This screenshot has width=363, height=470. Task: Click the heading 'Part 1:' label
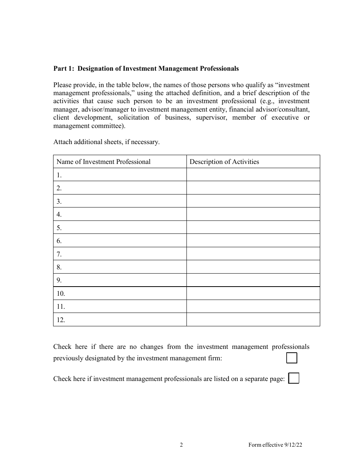click(64, 69)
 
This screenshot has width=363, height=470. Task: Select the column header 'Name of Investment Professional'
click(104, 162)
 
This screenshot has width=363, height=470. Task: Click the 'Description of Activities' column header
click(224, 162)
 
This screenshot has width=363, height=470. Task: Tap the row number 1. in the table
click(59, 175)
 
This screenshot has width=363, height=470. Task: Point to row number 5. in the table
click(59, 228)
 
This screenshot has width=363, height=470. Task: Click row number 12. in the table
click(61, 320)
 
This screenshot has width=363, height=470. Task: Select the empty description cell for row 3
click(253, 201)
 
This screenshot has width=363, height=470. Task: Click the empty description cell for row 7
click(253, 254)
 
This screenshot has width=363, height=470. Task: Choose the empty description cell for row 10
click(253, 293)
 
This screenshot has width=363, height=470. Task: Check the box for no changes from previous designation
click(292, 358)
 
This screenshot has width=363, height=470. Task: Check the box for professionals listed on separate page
click(293, 378)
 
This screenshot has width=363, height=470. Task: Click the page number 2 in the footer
click(181, 445)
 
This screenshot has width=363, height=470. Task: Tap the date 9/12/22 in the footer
click(295, 445)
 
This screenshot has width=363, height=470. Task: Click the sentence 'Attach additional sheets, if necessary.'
click(106, 142)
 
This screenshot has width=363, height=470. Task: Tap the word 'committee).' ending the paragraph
click(109, 126)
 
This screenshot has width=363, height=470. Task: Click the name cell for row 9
click(120, 280)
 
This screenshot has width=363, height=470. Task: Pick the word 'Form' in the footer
click(255, 445)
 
